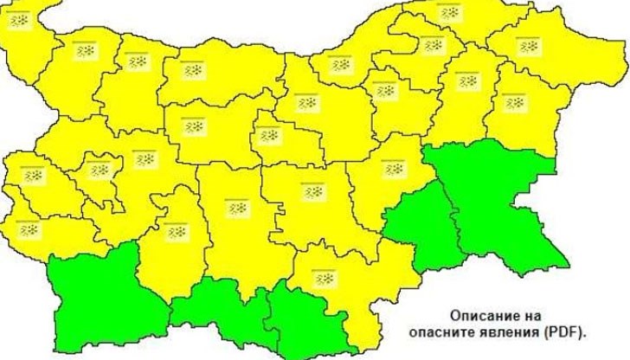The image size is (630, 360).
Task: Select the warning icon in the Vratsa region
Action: point(138,62)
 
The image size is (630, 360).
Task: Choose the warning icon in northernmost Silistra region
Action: point(447,11)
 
